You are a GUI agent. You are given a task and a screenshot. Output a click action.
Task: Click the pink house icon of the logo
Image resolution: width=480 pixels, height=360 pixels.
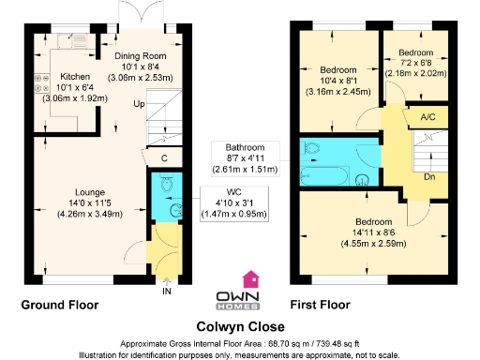pos(250,278)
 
